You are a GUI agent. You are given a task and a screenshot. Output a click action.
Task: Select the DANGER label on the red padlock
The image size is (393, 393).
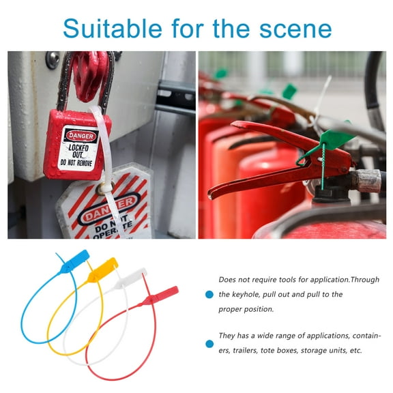(x=81, y=135)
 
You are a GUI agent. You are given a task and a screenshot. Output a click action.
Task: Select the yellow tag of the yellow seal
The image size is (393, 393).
(x=104, y=268)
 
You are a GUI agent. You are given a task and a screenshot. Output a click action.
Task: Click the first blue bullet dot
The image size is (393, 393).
(x=209, y=295)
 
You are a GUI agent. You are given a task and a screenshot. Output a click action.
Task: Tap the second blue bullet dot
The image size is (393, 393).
(x=209, y=344)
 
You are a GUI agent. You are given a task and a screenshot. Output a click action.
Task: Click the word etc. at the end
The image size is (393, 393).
(x=354, y=351)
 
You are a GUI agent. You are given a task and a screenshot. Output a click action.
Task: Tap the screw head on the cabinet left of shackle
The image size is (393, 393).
(x=53, y=59)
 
